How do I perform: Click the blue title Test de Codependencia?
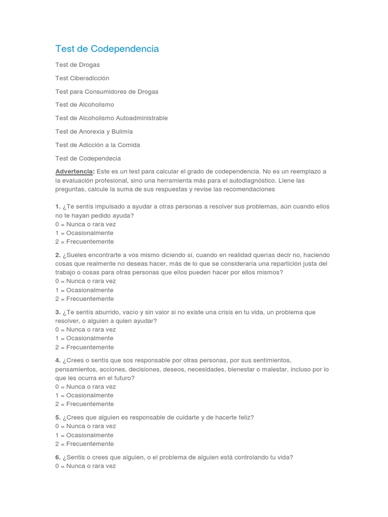[107, 49]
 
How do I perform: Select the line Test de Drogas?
[77, 65]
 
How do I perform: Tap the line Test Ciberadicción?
[82, 78]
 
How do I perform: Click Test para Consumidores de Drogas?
[107, 91]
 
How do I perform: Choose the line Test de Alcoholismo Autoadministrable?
[111, 118]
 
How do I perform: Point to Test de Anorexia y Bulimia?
[94, 131]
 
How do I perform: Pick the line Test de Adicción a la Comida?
[98, 145]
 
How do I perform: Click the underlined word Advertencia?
[74, 172]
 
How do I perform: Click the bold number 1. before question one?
[58, 206]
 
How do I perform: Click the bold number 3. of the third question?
[58, 313]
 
